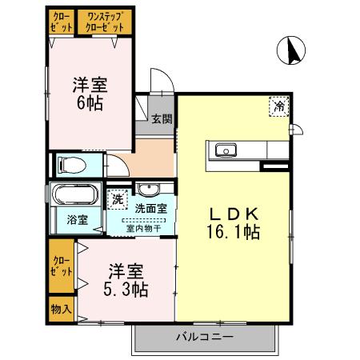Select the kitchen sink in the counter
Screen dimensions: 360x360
point(222,150)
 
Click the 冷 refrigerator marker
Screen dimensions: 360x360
point(279,106)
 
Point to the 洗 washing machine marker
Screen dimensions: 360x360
point(118,198)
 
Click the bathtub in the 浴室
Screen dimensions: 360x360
point(74,196)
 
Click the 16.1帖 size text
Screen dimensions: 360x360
point(234,233)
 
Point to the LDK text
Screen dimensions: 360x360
point(233,214)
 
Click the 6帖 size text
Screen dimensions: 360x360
point(90,104)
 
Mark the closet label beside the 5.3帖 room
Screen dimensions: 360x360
point(61,265)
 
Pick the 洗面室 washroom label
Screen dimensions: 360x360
point(151,209)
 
